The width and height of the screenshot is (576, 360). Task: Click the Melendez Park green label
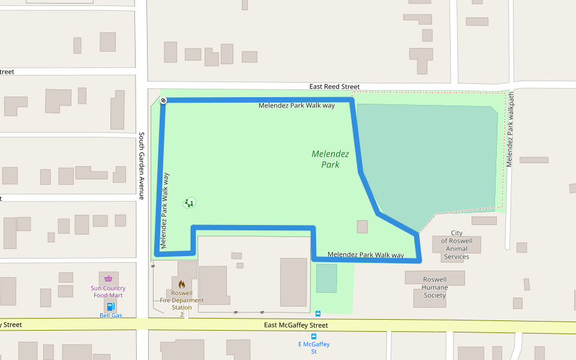(330, 159)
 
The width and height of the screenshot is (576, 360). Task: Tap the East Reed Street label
(334, 86)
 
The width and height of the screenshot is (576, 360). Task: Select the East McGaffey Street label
(296, 325)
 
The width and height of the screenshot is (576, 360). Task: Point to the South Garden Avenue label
(142, 166)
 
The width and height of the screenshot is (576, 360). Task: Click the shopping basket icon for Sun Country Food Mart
(108, 278)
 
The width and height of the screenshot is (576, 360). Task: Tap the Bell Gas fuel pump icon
(110, 307)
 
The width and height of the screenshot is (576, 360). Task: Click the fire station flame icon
(182, 284)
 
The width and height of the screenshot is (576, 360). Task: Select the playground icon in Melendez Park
(190, 203)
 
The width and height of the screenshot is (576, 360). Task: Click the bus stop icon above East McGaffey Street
(317, 313)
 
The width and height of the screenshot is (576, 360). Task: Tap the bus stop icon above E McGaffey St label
(314, 337)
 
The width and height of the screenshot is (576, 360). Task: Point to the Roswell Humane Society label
(435, 287)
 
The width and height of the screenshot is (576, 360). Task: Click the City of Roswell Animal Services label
(457, 245)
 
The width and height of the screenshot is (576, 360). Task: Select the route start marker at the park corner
(163, 100)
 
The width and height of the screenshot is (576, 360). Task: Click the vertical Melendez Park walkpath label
(511, 130)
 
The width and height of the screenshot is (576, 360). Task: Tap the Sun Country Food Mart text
(108, 292)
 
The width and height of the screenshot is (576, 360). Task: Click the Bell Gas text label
(110, 315)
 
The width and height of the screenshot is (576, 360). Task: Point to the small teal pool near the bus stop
(326, 278)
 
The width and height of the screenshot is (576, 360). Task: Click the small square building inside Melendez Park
(362, 227)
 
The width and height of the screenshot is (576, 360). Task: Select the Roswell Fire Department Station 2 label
(182, 300)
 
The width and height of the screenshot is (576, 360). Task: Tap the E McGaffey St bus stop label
(314, 347)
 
